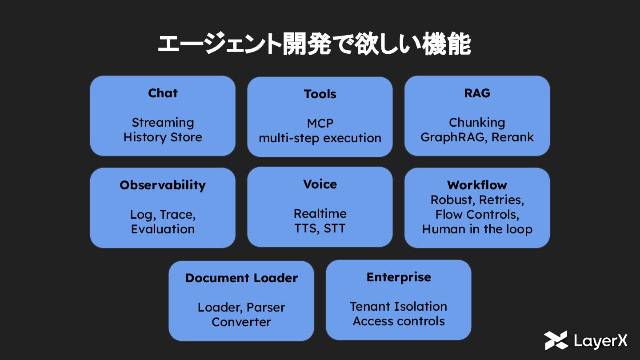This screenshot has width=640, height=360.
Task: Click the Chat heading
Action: coord(163,93)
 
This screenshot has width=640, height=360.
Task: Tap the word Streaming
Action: coord(163,123)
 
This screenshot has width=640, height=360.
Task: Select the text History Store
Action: coord(163,137)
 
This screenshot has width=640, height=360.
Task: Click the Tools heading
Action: coord(320,94)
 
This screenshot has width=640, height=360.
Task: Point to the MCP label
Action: coord(320,123)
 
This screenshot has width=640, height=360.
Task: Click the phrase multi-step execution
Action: coord(320,138)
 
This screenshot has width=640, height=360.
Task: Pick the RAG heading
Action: coord(477,93)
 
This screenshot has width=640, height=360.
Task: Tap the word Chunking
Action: coord(477,123)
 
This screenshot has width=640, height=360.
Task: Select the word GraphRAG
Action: coord(449,137)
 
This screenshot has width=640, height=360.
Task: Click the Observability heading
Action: coord(163,185)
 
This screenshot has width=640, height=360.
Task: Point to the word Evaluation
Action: coord(163,229)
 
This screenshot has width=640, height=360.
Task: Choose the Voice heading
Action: coord(320,184)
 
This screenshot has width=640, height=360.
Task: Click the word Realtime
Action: coord(320,214)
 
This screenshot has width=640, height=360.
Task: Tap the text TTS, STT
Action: coord(320,228)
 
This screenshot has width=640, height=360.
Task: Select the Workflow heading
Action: coord(477,185)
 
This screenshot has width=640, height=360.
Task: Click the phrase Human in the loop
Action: coord(477,229)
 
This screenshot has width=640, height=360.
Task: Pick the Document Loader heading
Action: coord(241,278)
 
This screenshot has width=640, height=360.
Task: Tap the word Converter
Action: coord(241,322)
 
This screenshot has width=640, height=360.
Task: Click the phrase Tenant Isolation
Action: coord(398,307)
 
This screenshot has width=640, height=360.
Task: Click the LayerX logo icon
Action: coord(556,340)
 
